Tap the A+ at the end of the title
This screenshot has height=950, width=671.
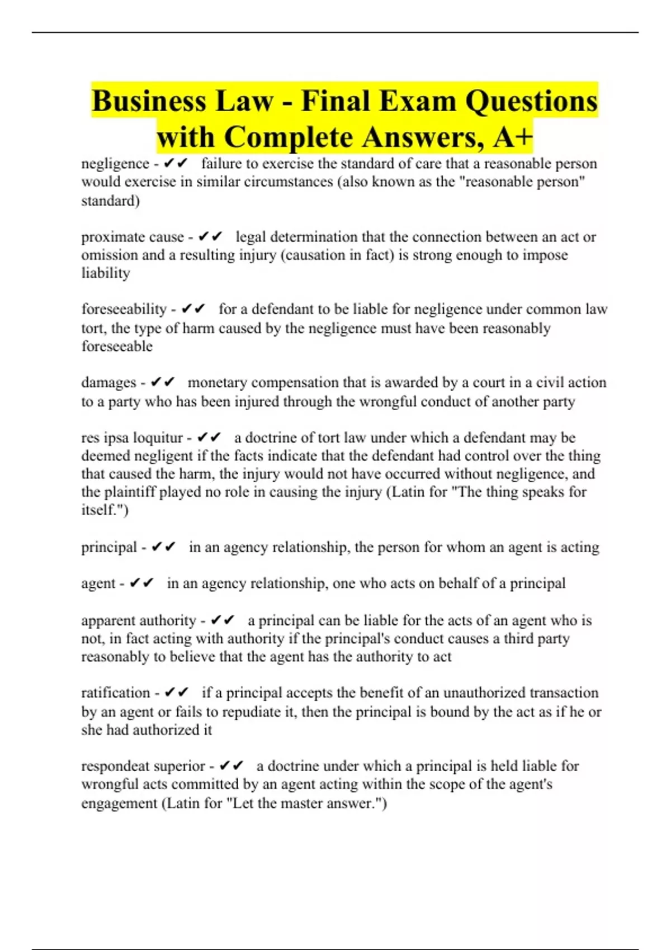pyautogui.click(x=512, y=137)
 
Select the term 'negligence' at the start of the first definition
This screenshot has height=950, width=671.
pyautogui.click(x=115, y=164)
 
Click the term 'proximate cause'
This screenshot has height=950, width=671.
pyautogui.click(x=133, y=237)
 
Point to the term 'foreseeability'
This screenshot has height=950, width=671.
pyautogui.click(x=124, y=309)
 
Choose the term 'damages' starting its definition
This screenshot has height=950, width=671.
pyautogui.click(x=108, y=383)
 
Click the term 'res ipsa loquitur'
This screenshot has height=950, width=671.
pyautogui.click(x=132, y=438)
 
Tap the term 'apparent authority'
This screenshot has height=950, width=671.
pyautogui.click(x=139, y=620)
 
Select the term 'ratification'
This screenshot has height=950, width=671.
pyautogui.click(x=116, y=693)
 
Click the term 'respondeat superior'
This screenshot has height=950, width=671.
pyautogui.click(x=143, y=766)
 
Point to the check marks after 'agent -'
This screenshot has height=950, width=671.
pyautogui.click(x=141, y=583)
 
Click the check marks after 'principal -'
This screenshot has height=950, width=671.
pyautogui.click(x=164, y=547)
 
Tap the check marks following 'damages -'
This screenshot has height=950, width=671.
pyautogui.click(x=163, y=383)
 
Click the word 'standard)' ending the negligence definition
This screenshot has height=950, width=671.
pyautogui.click(x=110, y=201)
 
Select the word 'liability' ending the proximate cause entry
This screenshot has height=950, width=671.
pyautogui.click(x=106, y=273)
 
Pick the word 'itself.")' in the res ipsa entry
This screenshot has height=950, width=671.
pyautogui.click(x=105, y=510)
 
